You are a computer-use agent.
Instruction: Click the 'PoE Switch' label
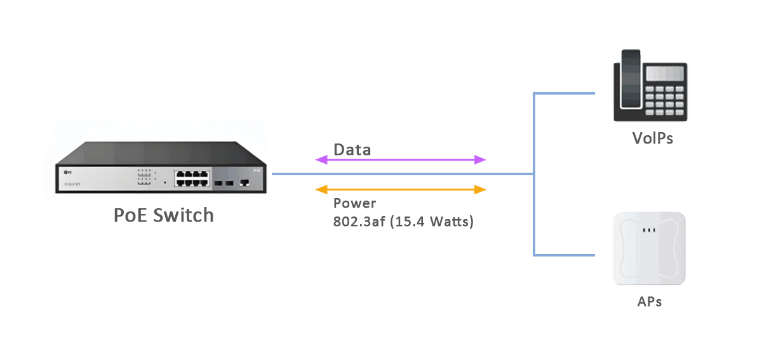(x=163, y=215)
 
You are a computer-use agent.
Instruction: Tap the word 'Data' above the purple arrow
(x=352, y=150)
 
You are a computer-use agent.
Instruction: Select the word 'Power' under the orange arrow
(x=354, y=204)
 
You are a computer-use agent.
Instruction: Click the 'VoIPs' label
(x=652, y=138)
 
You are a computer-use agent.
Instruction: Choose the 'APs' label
(x=650, y=302)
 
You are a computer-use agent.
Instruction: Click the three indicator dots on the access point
(x=649, y=230)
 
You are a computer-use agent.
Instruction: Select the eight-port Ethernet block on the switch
(x=191, y=178)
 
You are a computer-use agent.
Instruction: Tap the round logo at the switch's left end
(x=66, y=171)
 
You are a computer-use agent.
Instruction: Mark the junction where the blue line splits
(x=533, y=174)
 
